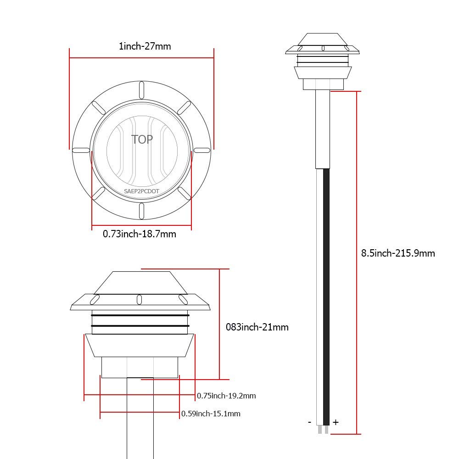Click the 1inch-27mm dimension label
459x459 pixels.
[x=141, y=46]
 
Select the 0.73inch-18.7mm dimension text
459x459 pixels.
[x=139, y=234]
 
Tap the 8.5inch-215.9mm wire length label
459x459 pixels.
[x=398, y=253]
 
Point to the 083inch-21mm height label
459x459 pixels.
[x=257, y=327]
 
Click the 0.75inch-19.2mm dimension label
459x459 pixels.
[x=226, y=396]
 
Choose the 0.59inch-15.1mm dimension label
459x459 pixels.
[x=211, y=414]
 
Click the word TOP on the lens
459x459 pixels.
[x=142, y=139]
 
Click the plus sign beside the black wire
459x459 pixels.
[x=336, y=422]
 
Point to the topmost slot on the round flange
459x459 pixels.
[x=142, y=90]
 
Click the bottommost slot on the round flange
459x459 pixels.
[x=142, y=210]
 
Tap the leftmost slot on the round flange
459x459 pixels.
[x=81, y=150]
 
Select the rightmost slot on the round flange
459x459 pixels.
[x=202, y=150]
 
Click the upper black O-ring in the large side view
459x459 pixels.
[x=140, y=315]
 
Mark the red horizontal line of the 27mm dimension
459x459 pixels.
[x=141, y=58]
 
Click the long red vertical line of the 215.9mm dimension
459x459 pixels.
[x=357, y=262]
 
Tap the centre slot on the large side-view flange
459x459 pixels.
[x=139, y=299]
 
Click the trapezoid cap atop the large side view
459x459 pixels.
[x=140, y=282]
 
